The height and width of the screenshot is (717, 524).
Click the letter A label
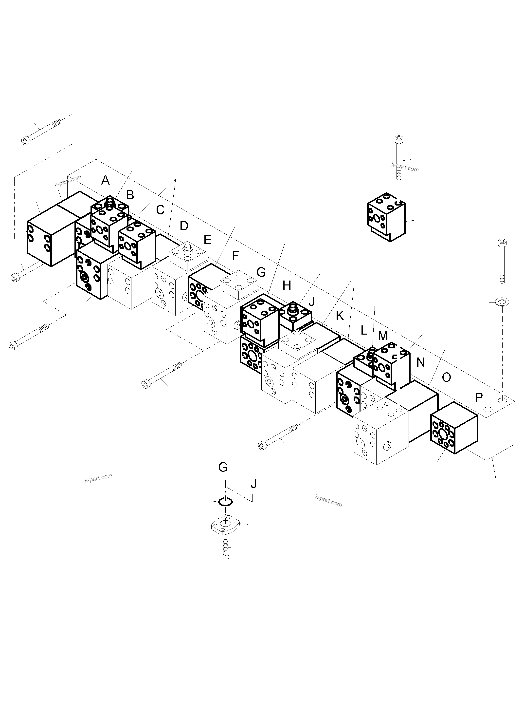click(105, 181)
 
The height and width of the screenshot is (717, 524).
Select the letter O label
click(446, 377)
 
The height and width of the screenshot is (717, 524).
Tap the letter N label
click(421, 362)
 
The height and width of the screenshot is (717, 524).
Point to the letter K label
click(340, 316)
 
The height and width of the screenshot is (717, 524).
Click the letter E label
click(207, 240)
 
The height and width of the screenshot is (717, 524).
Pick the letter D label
click(184, 226)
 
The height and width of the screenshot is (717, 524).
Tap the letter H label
click(287, 286)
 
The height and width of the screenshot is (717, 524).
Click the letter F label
click(235, 256)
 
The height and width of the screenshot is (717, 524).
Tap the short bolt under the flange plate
click(226, 549)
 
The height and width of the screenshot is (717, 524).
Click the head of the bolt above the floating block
click(398, 139)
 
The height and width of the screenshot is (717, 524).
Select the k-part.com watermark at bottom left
click(98, 478)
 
